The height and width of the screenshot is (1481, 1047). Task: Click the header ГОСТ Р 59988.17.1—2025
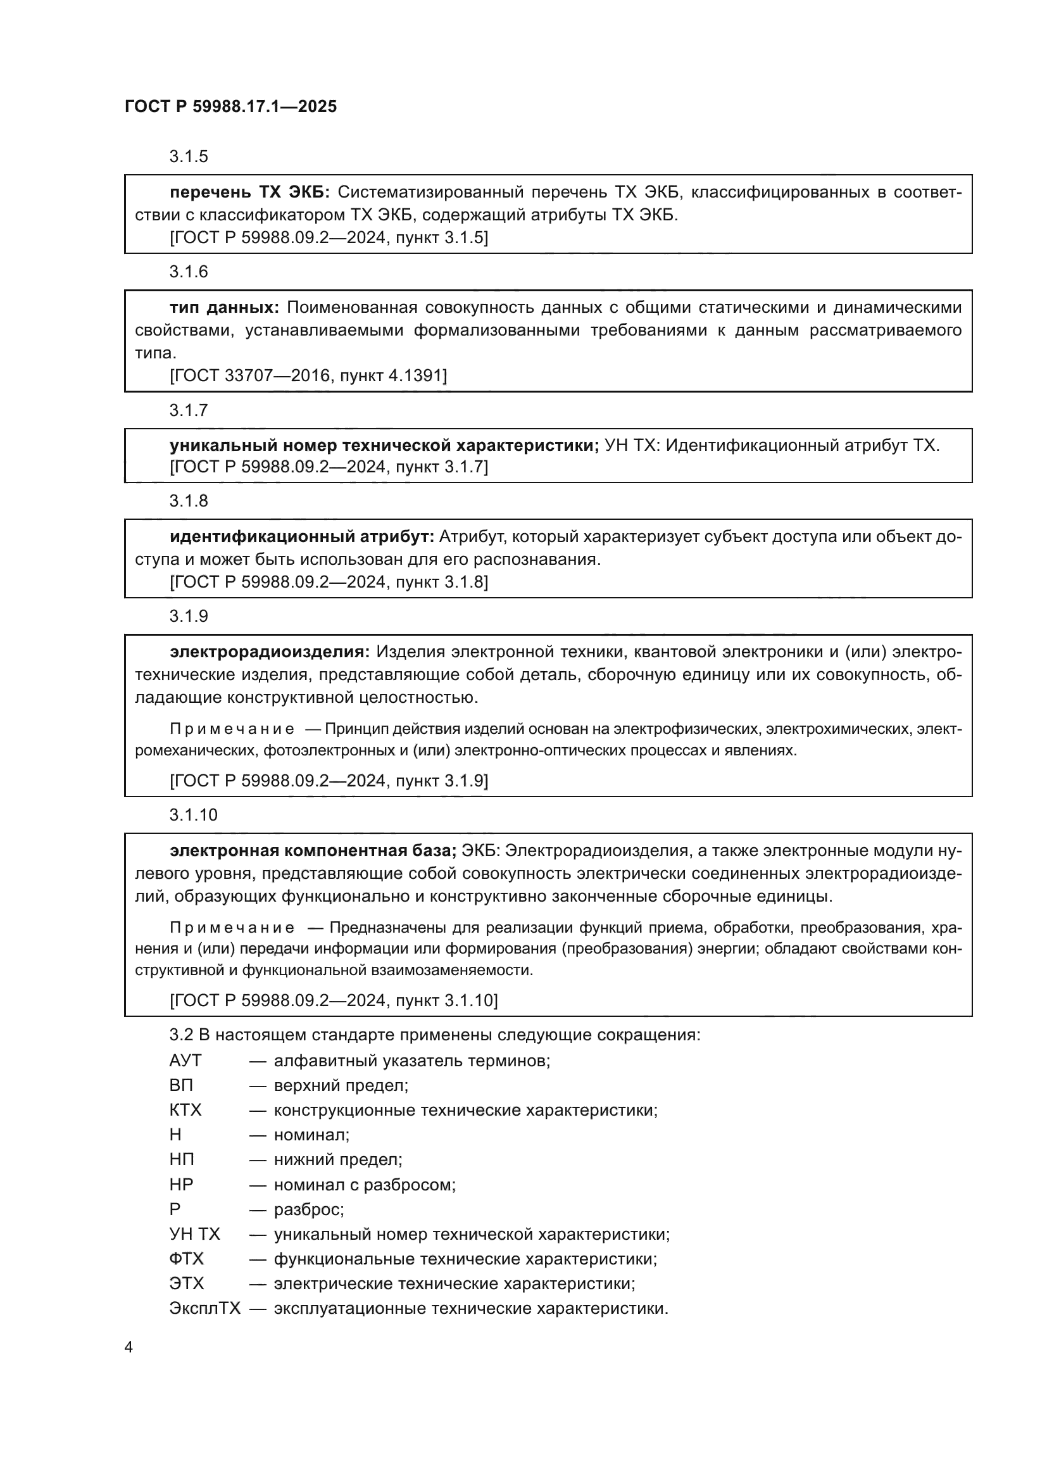point(230,107)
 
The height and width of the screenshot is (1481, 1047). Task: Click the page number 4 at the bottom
point(129,1347)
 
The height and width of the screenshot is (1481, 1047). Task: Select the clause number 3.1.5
point(188,157)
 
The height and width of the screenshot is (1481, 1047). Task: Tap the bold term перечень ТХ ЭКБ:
point(249,192)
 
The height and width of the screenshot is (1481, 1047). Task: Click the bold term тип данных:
point(223,308)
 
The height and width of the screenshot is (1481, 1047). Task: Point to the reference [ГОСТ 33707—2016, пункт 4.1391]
point(308,375)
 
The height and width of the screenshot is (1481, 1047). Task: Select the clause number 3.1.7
point(188,410)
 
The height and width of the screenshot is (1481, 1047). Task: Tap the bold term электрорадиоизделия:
point(270,652)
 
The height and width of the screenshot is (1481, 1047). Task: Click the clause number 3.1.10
point(194,816)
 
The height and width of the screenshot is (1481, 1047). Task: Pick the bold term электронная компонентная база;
point(313,851)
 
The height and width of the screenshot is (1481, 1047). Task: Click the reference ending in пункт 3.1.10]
point(334,1000)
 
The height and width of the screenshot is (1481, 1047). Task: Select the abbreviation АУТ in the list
point(185,1061)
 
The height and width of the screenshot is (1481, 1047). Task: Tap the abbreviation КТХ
point(185,1110)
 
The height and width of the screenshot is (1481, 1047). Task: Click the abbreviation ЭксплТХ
point(204,1308)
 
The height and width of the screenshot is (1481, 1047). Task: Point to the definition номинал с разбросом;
point(364,1185)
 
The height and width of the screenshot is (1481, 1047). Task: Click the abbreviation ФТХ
point(186,1259)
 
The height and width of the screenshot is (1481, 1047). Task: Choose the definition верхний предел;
point(341,1086)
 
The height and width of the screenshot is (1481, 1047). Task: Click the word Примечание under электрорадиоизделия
point(232,729)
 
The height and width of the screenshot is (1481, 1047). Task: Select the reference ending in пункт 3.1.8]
point(329,583)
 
